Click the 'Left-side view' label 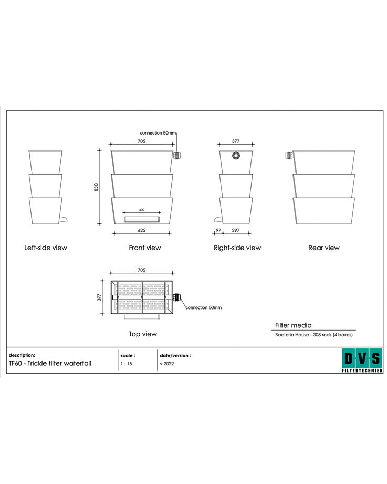click(46, 248)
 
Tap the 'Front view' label click(145, 248)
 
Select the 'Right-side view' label click(237, 248)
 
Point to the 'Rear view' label click(323, 248)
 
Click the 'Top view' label click(143, 334)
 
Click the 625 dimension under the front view click(142, 230)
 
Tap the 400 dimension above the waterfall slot click(141, 210)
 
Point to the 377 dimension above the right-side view click(236, 141)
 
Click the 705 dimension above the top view click(142, 270)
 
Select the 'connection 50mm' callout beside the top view click(204, 307)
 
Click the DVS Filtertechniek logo click(361, 361)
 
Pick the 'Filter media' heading click(293, 325)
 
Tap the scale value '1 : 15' click(126, 363)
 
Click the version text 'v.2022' click(166, 363)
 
